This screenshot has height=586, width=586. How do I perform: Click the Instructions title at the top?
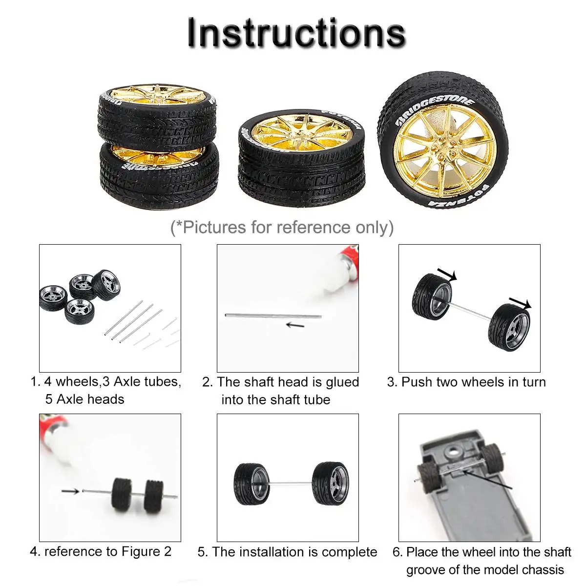pos(296,33)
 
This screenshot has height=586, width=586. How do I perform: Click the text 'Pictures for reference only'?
pos(282,228)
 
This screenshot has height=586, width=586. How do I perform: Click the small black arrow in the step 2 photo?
pos(294,325)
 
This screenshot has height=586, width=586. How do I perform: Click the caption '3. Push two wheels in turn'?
pos(466,382)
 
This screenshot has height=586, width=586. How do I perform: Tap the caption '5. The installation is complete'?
pos(287,552)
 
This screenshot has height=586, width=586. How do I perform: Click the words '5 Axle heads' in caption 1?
pos(84,399)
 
